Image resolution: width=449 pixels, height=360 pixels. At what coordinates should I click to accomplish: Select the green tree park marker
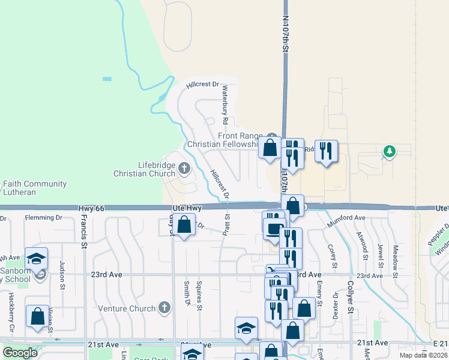point(390,151)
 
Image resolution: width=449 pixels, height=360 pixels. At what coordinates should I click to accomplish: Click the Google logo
point(20,353)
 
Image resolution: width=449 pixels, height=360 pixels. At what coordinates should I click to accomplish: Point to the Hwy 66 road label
point(91,208)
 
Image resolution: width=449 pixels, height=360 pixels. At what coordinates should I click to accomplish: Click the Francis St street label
point(83,228)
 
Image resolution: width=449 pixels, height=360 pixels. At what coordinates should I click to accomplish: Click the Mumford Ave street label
point(346,221)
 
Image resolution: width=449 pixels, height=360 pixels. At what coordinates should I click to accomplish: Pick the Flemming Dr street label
point(44,218)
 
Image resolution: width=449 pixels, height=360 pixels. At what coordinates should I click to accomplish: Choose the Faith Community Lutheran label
point(34,188)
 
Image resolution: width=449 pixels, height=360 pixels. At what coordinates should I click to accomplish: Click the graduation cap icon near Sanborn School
point(36,258)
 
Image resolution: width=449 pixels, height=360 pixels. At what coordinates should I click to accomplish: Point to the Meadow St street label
point(396,257)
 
